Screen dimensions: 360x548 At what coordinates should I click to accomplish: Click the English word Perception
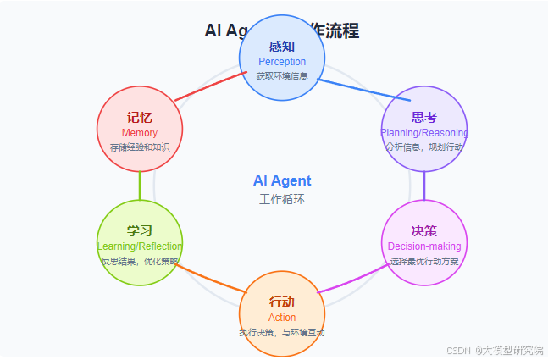coord(282,62)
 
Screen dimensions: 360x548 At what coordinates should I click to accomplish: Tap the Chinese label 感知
coord(282,47)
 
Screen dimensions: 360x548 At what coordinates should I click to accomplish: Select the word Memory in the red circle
coord(140,133)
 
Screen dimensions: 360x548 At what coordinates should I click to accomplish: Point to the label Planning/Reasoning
coord(423,133)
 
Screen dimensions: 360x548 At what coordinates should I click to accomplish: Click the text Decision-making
coord(423,246)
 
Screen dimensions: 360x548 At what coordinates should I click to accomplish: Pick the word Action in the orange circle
coord(282,318)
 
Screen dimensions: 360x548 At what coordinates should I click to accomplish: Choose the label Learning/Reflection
coord(140,246)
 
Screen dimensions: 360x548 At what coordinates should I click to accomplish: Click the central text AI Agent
coord(282,181)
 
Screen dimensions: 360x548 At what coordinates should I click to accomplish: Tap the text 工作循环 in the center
coord(282,199)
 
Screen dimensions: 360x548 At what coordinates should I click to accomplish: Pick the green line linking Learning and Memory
coord(140,186)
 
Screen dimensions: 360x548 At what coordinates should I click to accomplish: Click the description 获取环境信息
coord(282,76)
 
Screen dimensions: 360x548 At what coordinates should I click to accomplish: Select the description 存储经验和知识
coord(140,147)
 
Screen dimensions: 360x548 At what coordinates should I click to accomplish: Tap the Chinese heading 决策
coord(423,231)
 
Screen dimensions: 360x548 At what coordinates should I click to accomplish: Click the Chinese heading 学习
coord(140,231)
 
